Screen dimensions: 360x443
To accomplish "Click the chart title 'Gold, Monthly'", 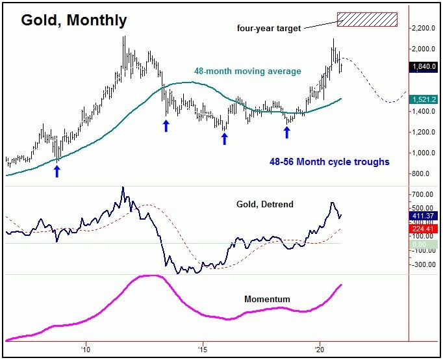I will pos(73,20).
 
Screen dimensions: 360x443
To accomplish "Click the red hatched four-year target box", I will pos(367,19).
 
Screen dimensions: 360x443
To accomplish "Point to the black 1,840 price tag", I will pos(423,66).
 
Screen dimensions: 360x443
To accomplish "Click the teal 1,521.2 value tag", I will pos(423,99).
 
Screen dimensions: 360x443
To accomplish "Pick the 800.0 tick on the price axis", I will pos(423,174).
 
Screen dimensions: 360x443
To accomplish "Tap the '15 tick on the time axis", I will pos(203,347).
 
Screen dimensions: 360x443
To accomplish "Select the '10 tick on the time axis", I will pos(85,347).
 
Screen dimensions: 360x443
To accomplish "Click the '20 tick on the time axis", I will pos(320,347).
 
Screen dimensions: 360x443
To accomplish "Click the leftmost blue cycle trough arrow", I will pos(57,170).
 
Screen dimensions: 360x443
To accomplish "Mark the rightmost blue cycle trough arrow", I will pos(286,132).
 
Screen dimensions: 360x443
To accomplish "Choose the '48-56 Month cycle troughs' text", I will pos(329,162).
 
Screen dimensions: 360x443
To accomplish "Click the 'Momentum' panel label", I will pos(266,300).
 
